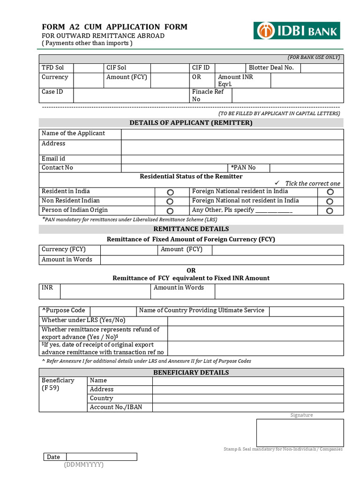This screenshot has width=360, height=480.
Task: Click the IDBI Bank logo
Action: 297,30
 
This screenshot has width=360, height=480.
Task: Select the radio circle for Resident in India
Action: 170,192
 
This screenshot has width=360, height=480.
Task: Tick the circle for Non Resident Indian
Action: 170,202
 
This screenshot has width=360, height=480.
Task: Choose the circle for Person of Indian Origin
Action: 170,211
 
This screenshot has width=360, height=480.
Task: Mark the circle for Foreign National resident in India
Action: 330,192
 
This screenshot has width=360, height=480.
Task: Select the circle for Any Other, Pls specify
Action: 330,211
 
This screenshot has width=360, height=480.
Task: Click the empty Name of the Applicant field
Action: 232,134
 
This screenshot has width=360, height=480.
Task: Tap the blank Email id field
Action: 232,159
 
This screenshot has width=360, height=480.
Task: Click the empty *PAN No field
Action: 307,168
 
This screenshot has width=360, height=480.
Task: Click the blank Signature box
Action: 300,433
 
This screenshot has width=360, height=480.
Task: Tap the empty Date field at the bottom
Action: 101,457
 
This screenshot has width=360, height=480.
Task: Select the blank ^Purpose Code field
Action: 112,311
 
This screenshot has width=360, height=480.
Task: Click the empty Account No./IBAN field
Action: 247,407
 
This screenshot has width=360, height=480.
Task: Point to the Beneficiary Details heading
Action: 191,373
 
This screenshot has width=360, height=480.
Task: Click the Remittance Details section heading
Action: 191,229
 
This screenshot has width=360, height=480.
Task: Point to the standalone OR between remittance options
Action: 191,270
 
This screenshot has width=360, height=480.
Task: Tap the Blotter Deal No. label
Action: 271,68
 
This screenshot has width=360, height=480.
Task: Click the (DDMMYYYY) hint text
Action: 84,465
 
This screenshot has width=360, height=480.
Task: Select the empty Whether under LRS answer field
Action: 255,321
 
